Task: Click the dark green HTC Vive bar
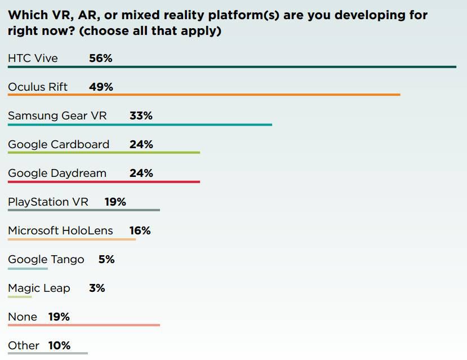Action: pyautogui.click(x=232, y=67)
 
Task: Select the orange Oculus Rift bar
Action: pyautogui.click(x=204, y=95)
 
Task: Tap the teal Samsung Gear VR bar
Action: pyautogui.click(x=140, y=125)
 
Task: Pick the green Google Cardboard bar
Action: pyautogui.click(x=104, y=153)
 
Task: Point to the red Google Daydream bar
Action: pyautogui.click(x=104, y=181)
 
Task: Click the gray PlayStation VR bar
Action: pyautogui.click(x=84, y=210)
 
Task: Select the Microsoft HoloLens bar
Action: pyautogui.click(x=72, y=239)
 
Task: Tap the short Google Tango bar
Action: pyautogui.click(x=28, y=268)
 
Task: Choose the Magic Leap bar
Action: pyautogui.click(x=20, y=296)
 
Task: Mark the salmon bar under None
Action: pyautogui.click(x=84, y=325)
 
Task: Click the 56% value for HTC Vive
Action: pyautogui.click(x=101, y=58)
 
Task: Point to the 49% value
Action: pyautogui.click(x=101, y=87)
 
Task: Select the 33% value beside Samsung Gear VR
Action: pyautogui.click(x=141, y=115)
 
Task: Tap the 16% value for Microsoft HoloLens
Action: pyautogui.click(x=139, y=230)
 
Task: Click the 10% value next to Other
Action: pyautogui.click(x=59, y=345)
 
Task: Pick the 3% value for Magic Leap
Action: pyautogui.click(x=97, y=288)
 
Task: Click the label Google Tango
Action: pyautogui.click(x=46, y=259)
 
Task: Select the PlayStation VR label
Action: pyautogui.click(x=48, y=202)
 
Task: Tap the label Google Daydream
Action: pyautogui.click(x=57, y=173)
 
